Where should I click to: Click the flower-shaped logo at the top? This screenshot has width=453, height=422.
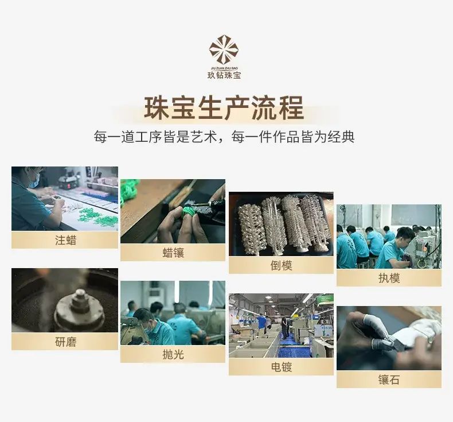coord(224,50)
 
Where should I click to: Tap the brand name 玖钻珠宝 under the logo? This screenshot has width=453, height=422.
coord(224,76)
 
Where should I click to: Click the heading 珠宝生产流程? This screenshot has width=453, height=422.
coord(224,108)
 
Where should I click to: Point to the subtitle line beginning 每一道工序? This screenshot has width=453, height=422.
coord(224,137)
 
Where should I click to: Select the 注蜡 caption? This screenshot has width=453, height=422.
coord(65,241)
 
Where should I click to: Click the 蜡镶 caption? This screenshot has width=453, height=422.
coord(173,253)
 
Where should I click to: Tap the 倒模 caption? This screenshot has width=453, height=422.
coord(281,265)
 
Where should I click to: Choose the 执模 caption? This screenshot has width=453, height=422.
coord(389,278)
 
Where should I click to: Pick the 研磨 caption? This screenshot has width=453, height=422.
coord(65,342)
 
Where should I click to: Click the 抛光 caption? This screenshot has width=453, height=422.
coord(173,355)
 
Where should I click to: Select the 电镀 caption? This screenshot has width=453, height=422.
coord(281,367)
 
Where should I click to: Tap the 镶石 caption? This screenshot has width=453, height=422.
coord(389,380)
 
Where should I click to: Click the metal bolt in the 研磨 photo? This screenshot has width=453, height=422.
coord(80,302)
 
